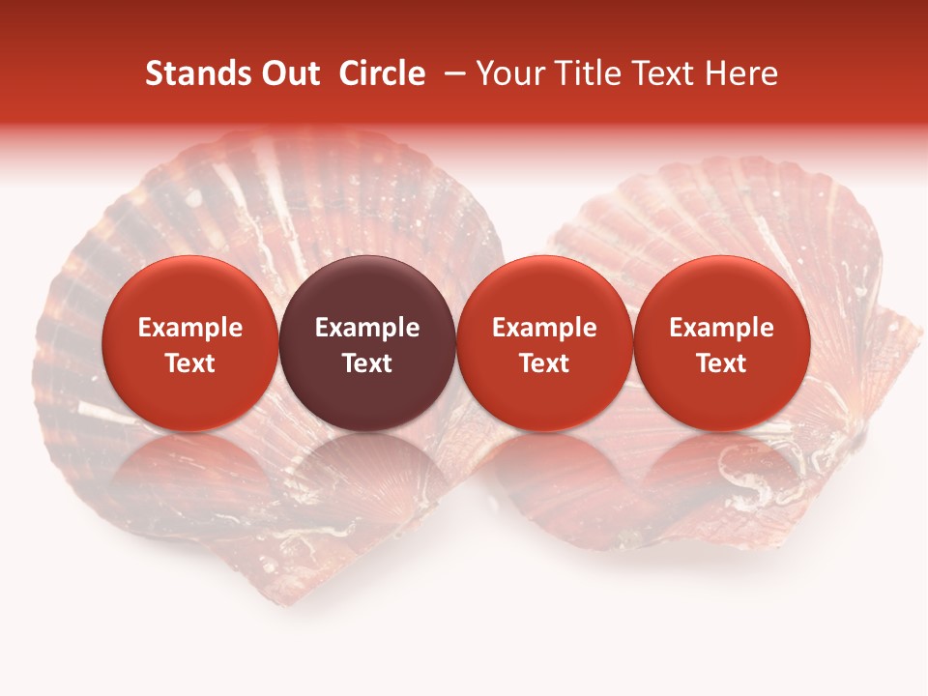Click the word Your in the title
coord(509,73)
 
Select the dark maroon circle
coord(367,343)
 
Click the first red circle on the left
coord(189,343)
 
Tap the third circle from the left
coord(544,343)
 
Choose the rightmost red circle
coord(721,343)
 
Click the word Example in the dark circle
coord(367,328)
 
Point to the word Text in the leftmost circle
coord(189,363)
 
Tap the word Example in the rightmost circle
coord(721,328)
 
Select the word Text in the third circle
coord(544,363)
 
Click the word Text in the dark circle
coord(367,363)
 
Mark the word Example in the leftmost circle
coord(189,328)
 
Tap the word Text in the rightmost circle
coord(721,363)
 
